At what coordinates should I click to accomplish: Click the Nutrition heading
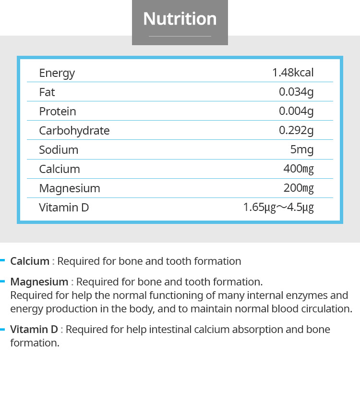[x=180, y=19]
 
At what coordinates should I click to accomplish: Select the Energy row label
[x=57, y=73]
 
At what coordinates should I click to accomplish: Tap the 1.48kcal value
[x=293, y=73]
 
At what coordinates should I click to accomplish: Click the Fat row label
[x=47, y=92]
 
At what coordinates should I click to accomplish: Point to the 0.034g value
[x=296, y=92]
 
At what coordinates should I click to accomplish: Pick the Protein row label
[x=58, y=111]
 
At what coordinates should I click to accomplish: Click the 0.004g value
[x=296, y=111]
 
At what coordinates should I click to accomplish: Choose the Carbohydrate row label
[x=74, y=130]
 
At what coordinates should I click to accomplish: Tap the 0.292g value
[x=296, y=130]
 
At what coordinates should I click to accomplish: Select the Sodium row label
[x=59, y=149]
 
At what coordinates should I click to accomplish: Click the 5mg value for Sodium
[x=302, y=149]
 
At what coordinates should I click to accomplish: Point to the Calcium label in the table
[x=60, y=169]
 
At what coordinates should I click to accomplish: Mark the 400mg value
[x=299, y=169]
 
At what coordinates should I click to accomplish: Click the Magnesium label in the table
[x=70, y=188]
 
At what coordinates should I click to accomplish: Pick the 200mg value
[x=299, y=188]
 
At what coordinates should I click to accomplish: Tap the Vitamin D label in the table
[x=64, y=207]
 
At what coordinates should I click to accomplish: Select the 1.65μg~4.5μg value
[x=278, y=207]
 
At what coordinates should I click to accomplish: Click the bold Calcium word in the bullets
[x=30, y=261]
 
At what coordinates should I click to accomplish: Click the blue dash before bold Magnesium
[x=3, y=281]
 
